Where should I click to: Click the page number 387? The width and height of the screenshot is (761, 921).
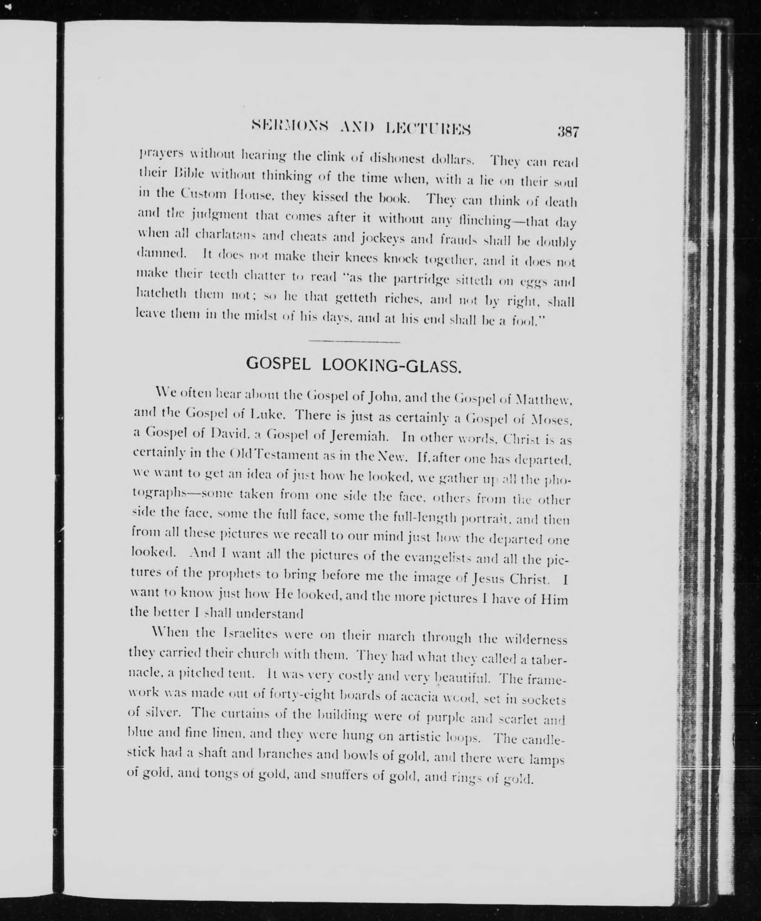click(x=568, y=132)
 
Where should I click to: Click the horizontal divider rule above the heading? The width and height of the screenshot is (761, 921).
click(x=354, y=341)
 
